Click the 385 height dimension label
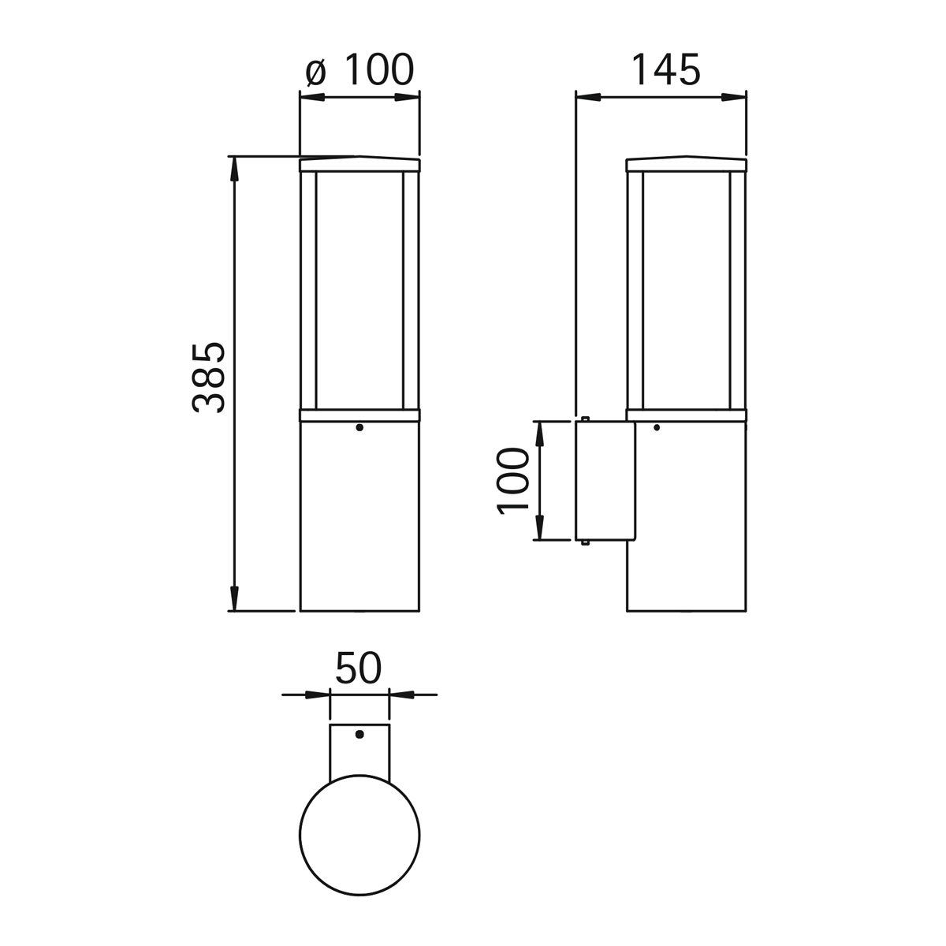pyautogui.click(x=208, y=378)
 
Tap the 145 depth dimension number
pyautogui.click(x=665, y=69)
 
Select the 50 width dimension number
pyautogui.click(x=359, y=668)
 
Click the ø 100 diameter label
pyautogui.click(x=359, y=69)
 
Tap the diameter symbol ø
pyautogui.click(x=315, y=73)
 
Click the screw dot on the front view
pyautogui.click(x=359, y=427)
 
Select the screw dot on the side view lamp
pyautogui.click(x=657, y=427)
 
